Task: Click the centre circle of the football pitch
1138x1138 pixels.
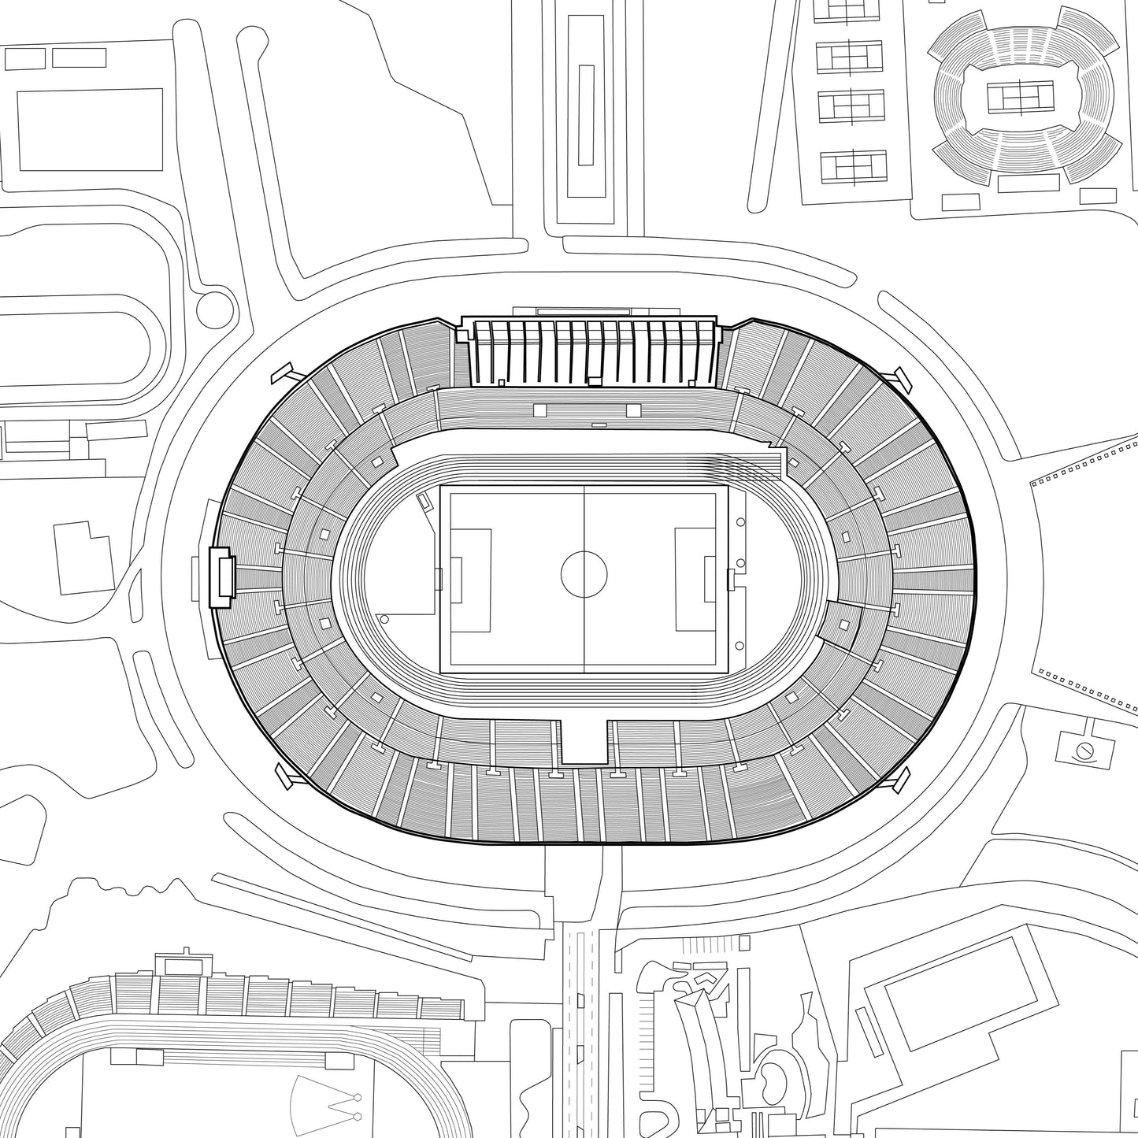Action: pyautogui.click(x=584, y=574)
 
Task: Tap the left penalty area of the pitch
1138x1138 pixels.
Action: pyautogui.click(x=470, y=580)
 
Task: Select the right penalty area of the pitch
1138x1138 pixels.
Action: pyautogui.click(x=696, y=580)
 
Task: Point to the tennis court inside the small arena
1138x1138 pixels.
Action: pyautogui.click(x=1020, y=98)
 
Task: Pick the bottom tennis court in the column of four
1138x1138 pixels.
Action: pyautogui.click(x=853, y=166)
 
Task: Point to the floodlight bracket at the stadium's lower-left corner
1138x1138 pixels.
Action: pyautogui.click(x=287, y=775)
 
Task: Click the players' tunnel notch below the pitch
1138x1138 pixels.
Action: pyautogui.click(x=584, y=740)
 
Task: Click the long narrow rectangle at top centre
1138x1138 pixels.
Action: pyautogui.click(x=585, y=114)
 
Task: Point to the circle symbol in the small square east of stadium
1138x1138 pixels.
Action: pyautogui.click(x=1085, y=750)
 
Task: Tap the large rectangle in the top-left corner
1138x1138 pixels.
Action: pyautogui.click(x=90, y=129)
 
